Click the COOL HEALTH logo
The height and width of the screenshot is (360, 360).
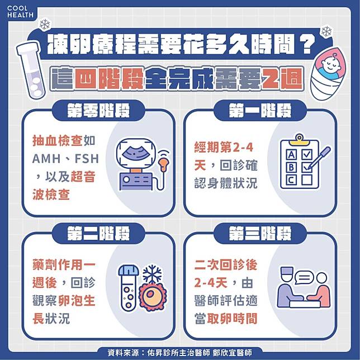[x=20, y=12]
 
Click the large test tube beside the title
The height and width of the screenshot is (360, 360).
[x=31, y=70]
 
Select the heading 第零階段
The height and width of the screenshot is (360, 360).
[x=98, y=111]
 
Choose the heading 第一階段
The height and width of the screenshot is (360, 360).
[x=260, y=111]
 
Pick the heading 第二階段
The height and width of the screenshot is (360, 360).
[x=98, y=233]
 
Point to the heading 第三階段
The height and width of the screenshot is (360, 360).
[x=260, y=233]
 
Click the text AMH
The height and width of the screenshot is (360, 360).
[x=46, y=159]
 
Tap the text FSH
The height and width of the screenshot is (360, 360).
[x=87, y=159]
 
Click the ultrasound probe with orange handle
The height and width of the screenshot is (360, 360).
[x=164, y=162]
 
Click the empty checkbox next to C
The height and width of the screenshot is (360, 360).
[x=307, y=180]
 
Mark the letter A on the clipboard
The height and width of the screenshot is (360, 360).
[x=291, y=155]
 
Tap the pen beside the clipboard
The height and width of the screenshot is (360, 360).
[x=319, y=158]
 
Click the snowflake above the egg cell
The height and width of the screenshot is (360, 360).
[x=152, y=274]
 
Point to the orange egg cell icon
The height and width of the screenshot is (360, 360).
[x=151, y=296]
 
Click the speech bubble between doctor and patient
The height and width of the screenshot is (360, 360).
[x=304, y=277]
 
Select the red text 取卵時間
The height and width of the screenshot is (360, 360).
[x=232, y=319]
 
